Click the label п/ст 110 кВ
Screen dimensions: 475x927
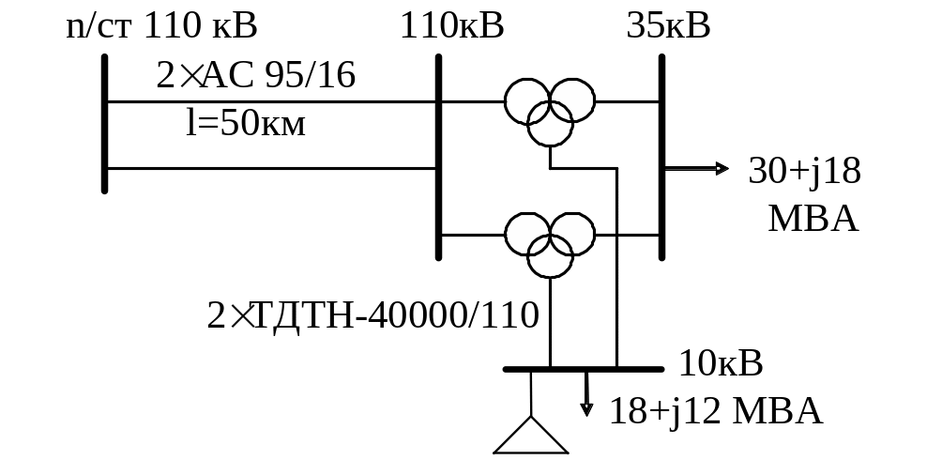(x=161, y=25)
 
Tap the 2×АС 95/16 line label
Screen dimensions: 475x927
(x=255, y=76)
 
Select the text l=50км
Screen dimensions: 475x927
(x=246, y=124)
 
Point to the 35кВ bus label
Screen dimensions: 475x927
(x=668, y=25)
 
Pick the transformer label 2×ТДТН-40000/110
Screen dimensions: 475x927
(x=372, y=315)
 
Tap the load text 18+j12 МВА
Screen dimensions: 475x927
(x=717, y=411)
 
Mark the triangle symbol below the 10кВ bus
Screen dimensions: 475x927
(x=531, y=437)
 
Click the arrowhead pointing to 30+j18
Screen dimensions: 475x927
(x=722, y=169)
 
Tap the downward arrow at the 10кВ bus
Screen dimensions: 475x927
(x=587, y=406)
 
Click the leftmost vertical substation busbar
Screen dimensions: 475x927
(x=104, y=123)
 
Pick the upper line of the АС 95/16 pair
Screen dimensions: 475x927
(x=272, y=100)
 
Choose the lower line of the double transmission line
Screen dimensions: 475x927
(x=272, y=169)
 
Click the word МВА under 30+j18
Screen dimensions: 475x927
(x=813, y=219)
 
